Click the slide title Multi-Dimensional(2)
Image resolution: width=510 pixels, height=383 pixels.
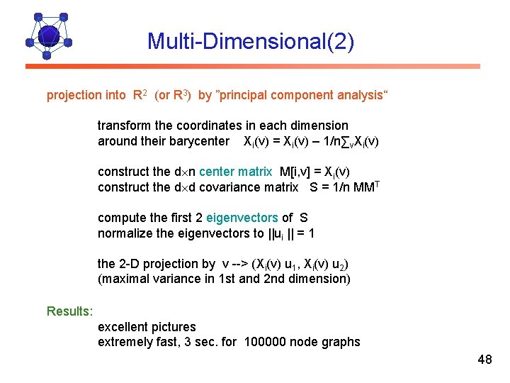(x=250, y=41)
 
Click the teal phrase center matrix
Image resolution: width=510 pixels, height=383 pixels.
(x=236, y=172)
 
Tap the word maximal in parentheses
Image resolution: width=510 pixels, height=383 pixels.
(x=125, y=279)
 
